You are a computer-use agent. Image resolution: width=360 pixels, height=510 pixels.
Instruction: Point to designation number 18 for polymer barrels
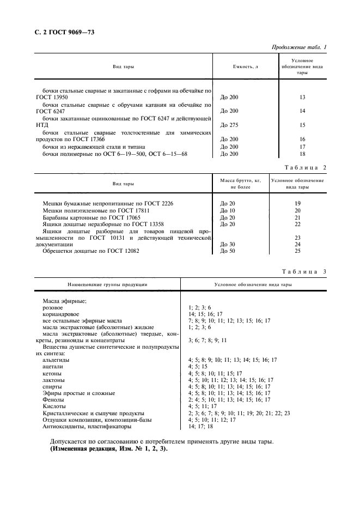tap(302, 154)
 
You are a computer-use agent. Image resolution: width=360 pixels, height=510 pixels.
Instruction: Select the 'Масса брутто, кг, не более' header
tap(240, 184)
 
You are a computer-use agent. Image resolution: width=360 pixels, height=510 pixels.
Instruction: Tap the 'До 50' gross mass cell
tap(228, 252)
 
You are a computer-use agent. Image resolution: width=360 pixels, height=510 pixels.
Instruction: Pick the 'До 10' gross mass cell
tap(228, 210)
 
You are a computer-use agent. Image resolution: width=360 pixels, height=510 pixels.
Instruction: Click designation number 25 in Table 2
tap(297, 252)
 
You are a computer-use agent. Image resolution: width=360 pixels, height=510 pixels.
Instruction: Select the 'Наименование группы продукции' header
tap(107, 284)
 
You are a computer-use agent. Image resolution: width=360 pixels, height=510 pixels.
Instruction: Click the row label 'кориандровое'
tap(60, 314)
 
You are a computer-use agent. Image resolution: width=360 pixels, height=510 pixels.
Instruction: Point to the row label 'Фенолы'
tap(53, 399)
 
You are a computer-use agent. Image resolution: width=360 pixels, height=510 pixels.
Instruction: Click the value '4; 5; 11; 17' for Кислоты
tap(203, 406)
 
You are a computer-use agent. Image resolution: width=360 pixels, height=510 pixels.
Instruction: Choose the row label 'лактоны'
tap(53, 379)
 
